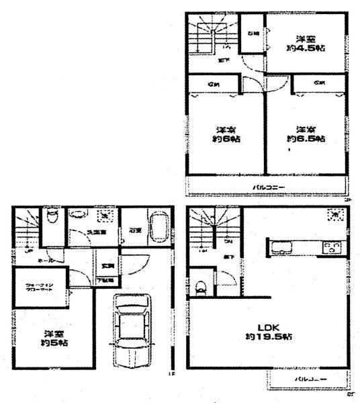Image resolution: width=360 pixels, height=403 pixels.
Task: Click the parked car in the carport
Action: click(x=130, y=331)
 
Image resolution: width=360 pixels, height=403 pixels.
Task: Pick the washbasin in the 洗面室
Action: click(x=79, y=215)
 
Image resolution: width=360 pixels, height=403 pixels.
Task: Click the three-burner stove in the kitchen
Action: click(x=332, y=247)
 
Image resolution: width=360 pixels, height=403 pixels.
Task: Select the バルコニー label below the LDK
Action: click(x=310, y=379)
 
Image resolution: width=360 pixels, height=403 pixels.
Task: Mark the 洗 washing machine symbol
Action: click(x=105, y=215)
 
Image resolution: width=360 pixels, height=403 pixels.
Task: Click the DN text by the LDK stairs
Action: click(x=229, y=240)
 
